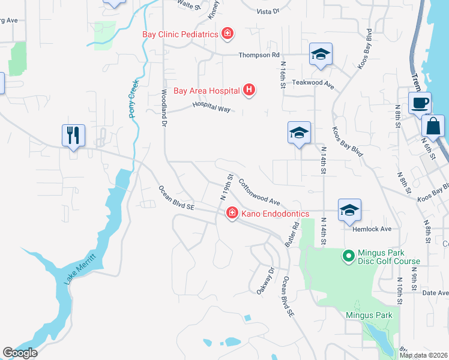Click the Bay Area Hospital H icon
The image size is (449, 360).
pyautogui.click(x=250, y=91)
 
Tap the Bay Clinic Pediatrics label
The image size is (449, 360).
pyautogui.click(x=179, y=34)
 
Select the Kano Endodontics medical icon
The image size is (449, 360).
pyautogui.click(x=231, y=213)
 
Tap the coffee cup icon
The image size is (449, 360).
pyautogui.click(x=420, y=102)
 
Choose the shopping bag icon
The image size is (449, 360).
pyautogui.click(x=433, y=126)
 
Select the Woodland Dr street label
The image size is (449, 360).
pyautogui.click(x=163, y=109)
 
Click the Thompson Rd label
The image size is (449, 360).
pyautogui.click(x=259, y=55)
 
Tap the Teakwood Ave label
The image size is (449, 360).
pyautogui.click(x=312, y=84)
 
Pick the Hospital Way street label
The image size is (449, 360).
pyautogui.click(x=211, y=107)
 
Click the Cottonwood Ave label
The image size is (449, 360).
pyautogui.click(x=259, y=191)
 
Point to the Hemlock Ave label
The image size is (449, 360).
pyautogui.click(x=375, y=229)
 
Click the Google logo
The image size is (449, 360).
pyautogui.click(x=20, y=353)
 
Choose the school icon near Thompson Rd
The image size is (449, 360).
pyautogui.click(x=321, y=54)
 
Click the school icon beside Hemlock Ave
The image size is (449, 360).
pyautogui.click(x=349, y=209)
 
